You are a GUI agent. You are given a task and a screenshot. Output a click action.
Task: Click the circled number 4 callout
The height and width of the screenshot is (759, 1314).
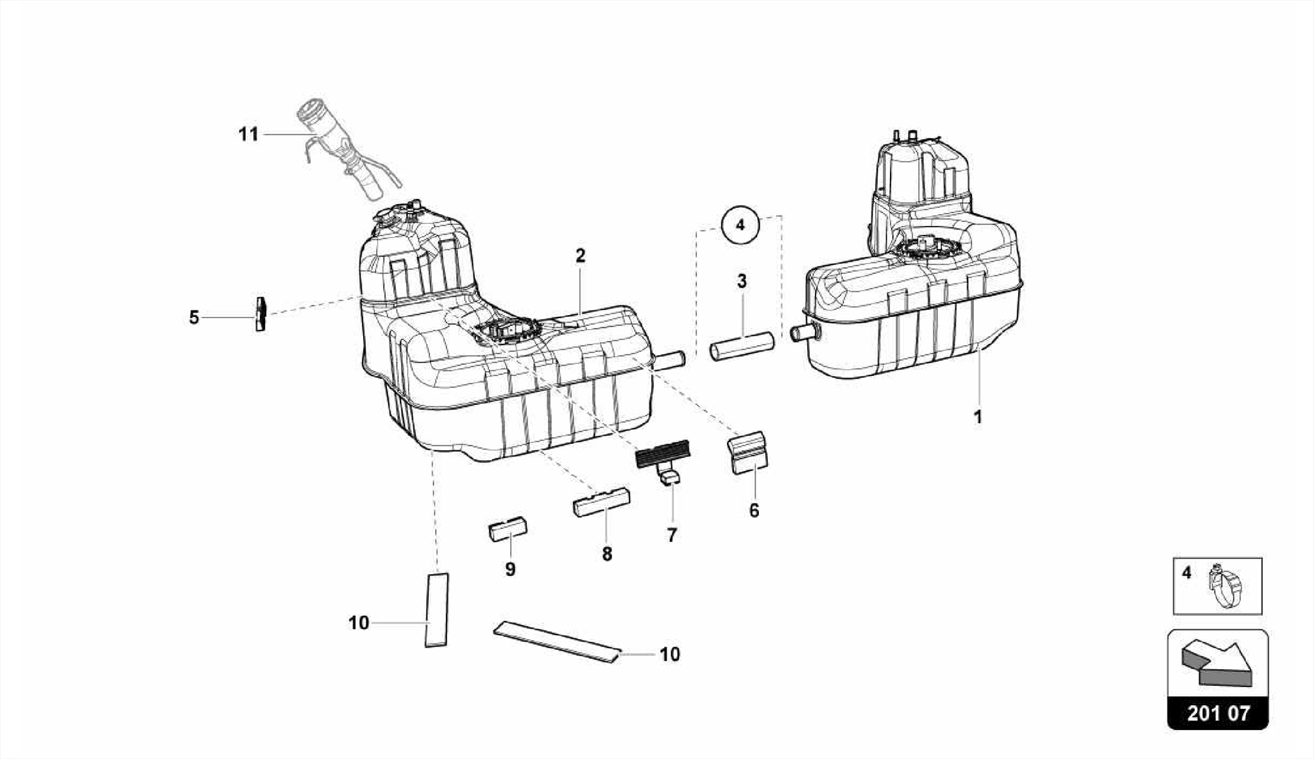point(740,225)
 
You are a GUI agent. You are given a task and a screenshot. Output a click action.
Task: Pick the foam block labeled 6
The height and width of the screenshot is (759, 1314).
point(747,454)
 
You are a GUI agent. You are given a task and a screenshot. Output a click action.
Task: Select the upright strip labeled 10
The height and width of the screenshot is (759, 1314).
point(437,610)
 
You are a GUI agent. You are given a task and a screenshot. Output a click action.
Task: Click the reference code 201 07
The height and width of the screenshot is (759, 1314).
point(1218,713)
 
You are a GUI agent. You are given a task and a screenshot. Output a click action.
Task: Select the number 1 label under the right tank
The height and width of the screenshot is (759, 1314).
point(977,417)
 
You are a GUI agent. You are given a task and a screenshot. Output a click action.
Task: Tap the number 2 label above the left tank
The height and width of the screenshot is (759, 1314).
point(580,256)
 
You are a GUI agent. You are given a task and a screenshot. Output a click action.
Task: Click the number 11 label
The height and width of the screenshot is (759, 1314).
point(248,135)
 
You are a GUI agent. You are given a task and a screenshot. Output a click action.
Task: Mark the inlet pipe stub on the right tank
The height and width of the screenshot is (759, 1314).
point(804,332)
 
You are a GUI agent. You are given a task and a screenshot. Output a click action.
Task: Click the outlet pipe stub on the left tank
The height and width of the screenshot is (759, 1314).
point(670,361)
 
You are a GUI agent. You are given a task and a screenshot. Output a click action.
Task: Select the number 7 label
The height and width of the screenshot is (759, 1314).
point(672,535)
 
